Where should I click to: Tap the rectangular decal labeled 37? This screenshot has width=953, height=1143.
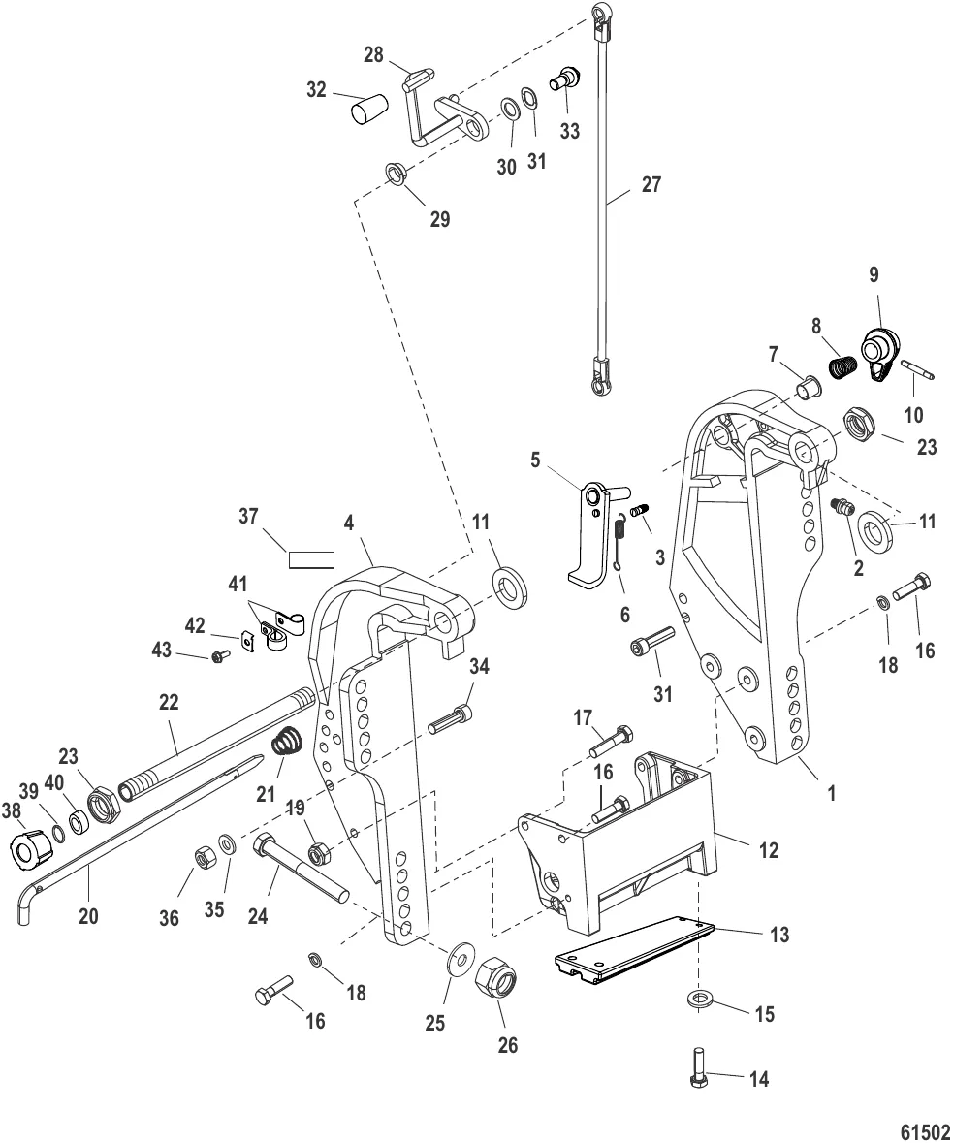310,559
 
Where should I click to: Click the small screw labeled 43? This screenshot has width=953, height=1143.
219,657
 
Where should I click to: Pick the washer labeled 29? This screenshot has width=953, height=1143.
397,174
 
